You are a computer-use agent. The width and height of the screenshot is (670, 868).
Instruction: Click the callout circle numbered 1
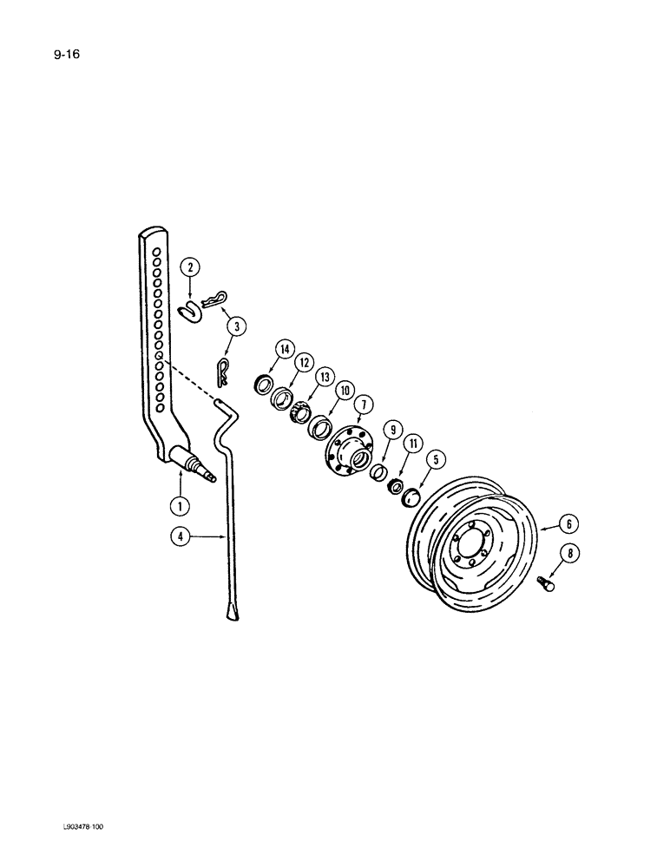tap(180, 505)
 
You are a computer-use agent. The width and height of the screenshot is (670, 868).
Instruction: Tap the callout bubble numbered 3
tap(235, 327)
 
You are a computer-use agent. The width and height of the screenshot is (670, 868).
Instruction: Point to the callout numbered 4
tap(180, 538)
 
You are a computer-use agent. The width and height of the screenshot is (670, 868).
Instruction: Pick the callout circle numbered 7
tap(362, 404)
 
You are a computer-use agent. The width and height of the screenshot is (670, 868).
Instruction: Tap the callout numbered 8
tap(572, 553)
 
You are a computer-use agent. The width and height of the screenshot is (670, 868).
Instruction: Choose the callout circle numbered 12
tap(304, 361)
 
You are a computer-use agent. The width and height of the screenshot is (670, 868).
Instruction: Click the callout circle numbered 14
tap(283, 350)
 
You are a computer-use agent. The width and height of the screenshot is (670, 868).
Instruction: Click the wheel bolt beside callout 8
tap(548, 583)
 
